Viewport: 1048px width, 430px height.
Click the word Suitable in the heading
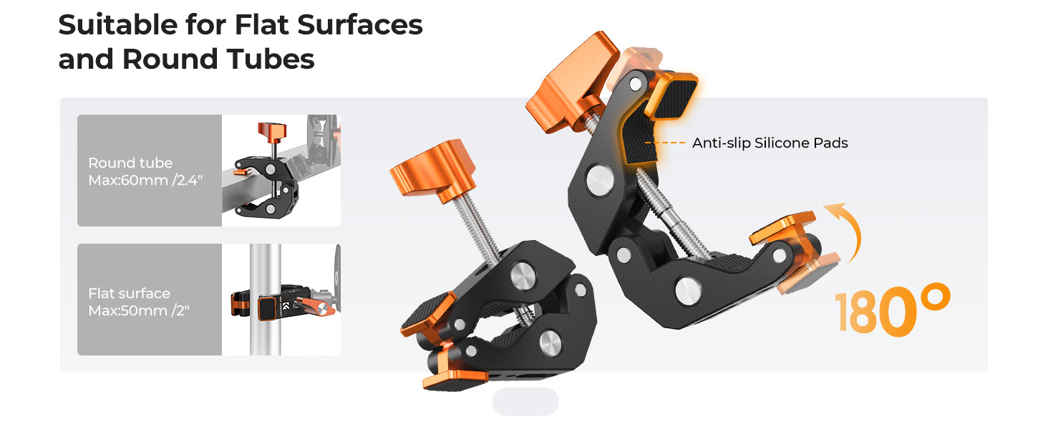[x=118, y=24]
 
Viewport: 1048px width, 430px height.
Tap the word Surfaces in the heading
[x=360, y=24]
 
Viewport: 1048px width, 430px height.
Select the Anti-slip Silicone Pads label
[x=770, y=143]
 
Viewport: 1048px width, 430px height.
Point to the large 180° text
[x=893, y=310]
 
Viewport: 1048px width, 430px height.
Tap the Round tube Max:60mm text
[x=145, y=171]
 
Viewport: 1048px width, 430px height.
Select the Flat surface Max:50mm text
[x=139, y=302]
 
